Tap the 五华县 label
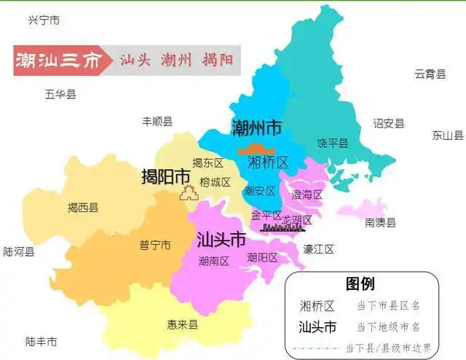[60, 93]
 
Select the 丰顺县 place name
[157, 121]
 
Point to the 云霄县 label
[430, 74]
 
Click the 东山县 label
[448, 135]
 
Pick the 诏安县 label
[389, 123]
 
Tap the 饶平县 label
[333, 142]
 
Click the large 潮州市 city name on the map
[256, 128]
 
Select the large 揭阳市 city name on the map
[166, 176]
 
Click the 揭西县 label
[82, 208]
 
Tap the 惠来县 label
[182, 325]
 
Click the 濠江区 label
[318, 249]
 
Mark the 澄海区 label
[307, 195]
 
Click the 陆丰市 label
[41, 340]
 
